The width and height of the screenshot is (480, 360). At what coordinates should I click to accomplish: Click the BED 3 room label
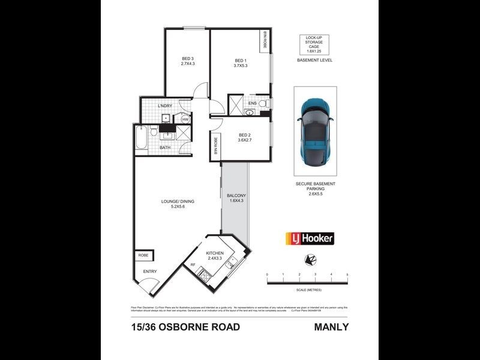(x=187, y=59)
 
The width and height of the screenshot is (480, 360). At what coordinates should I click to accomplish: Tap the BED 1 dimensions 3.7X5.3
(x=240, y=65)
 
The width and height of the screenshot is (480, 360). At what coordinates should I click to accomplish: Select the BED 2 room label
(x=244, y=134)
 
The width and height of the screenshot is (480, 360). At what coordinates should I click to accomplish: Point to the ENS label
(x=253, y=103)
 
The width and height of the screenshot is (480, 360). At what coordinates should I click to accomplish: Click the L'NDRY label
(x=165, y=106)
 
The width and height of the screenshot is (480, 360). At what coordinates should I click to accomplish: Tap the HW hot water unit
(x=185, y=119)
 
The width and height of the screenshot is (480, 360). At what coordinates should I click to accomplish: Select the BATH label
(x=165, y=147)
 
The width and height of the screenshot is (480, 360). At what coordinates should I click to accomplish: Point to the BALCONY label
(x=236, y=196)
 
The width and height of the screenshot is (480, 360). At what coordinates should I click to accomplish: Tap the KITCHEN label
(x=214, y=253)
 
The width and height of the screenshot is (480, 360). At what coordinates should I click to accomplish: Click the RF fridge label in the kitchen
(x=193, y=264)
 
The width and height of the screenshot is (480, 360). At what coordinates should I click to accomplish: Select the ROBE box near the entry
(x=144, y=255)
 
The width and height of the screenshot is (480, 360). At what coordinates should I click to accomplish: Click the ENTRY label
(x=150, y=272)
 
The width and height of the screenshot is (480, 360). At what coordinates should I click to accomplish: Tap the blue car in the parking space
(x=316, y=131)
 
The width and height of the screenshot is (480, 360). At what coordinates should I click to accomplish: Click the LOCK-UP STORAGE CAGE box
(x=314, y=44)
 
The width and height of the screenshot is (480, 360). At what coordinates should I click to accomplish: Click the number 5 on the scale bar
(x=347, y=274)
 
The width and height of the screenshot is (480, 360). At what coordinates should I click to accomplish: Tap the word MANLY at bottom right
(x=331, y=327)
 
